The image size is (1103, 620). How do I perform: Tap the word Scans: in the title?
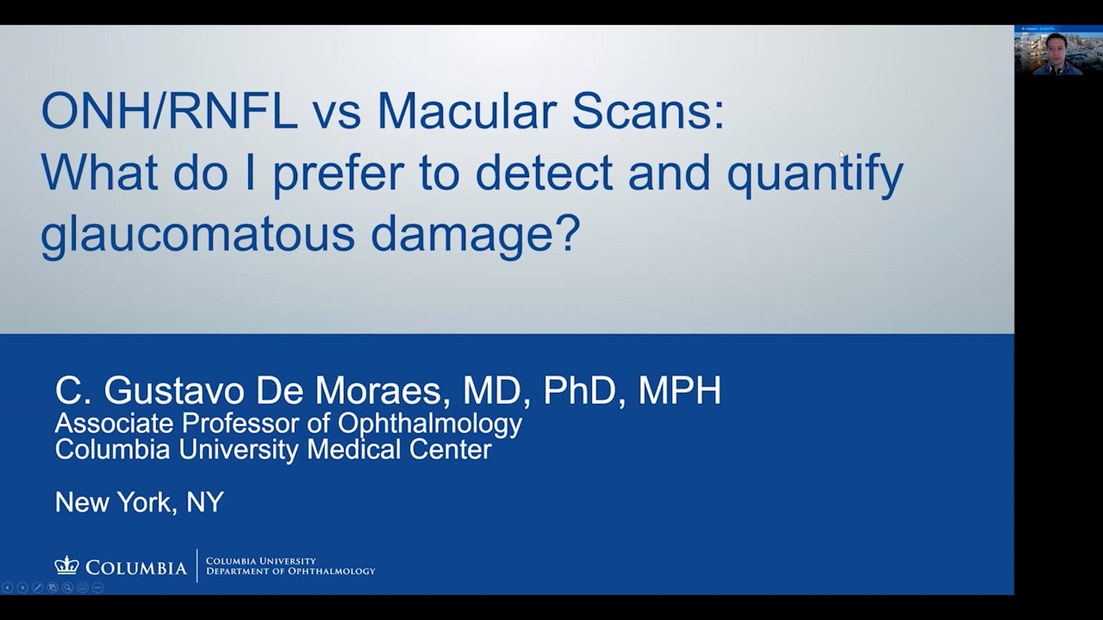[648, 111]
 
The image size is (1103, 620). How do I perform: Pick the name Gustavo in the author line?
[174, 390]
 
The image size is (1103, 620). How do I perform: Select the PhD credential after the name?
[580, 390]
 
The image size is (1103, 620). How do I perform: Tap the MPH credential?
[680, 390]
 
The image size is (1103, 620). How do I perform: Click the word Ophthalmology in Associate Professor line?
[430, 424]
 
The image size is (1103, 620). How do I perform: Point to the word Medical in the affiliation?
[354, 449]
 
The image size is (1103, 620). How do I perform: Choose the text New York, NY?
[139, 503]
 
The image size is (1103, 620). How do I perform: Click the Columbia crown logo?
[67, 565]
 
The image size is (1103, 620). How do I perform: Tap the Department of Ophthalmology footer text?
[291, 571]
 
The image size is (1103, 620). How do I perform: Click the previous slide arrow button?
[7, 587]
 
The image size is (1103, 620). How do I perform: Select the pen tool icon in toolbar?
[37, 587]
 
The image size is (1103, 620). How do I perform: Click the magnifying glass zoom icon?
[68, 587]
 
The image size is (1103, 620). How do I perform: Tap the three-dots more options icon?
[98, 587]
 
